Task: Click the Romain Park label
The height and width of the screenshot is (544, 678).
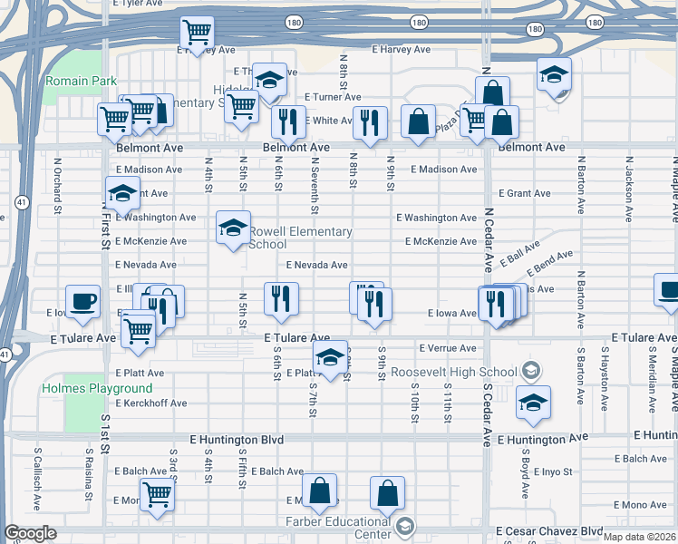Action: point(81,82)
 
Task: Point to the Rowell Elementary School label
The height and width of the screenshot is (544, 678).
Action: point(300,238)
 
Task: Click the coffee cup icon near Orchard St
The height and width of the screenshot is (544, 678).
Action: point(82,302)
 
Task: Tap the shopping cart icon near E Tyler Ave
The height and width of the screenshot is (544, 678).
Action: point(196,34)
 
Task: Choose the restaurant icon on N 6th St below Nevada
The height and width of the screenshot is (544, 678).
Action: point(281,300)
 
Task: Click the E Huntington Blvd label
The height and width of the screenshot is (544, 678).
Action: point(237,440)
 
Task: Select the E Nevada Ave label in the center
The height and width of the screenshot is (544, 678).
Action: point(317,266)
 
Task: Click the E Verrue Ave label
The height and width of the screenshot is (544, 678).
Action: point(448,348)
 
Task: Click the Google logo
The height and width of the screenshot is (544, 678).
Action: point(30,534)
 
